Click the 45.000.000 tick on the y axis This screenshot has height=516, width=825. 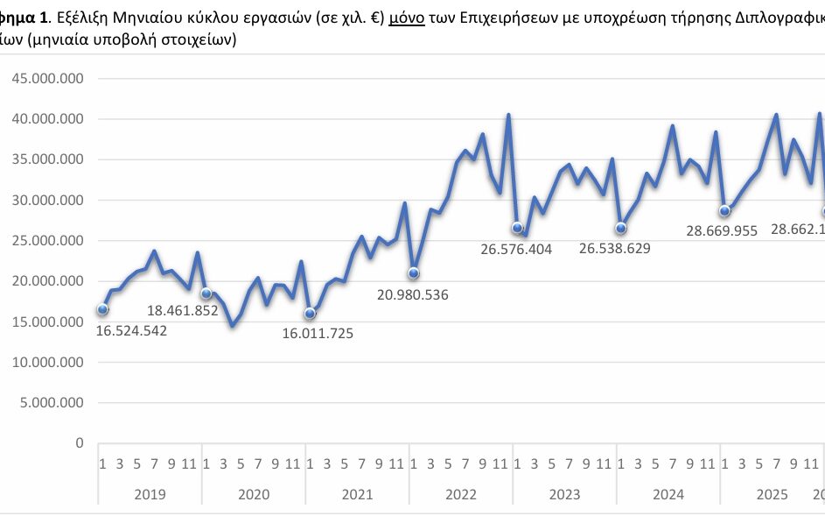coord(46,78)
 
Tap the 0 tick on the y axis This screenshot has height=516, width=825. coord(79,443)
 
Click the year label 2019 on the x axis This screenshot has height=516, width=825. coord(150,494)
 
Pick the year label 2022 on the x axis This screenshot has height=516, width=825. coord(460,494)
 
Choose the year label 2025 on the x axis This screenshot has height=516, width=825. coord(771,494)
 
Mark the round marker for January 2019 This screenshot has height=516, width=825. coord(102,309)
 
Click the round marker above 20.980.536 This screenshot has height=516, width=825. coord(414,273)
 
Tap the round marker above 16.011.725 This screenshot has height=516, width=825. coord(310,314)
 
